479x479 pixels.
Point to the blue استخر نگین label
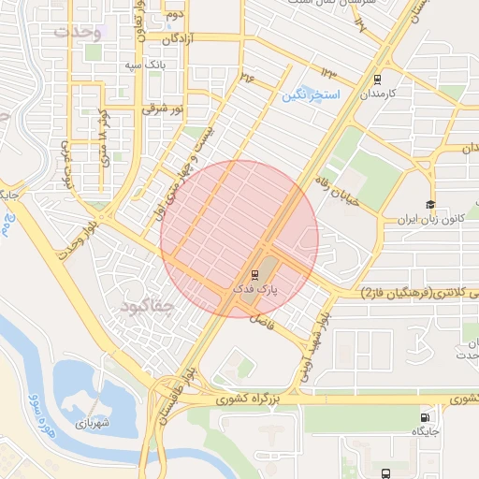coord(312,95)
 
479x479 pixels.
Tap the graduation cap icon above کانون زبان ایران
coord(429,205)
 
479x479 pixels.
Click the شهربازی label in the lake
coord(94,421)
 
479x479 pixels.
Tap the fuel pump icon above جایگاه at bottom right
coord(427,416)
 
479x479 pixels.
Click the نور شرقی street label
coord(160,109)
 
